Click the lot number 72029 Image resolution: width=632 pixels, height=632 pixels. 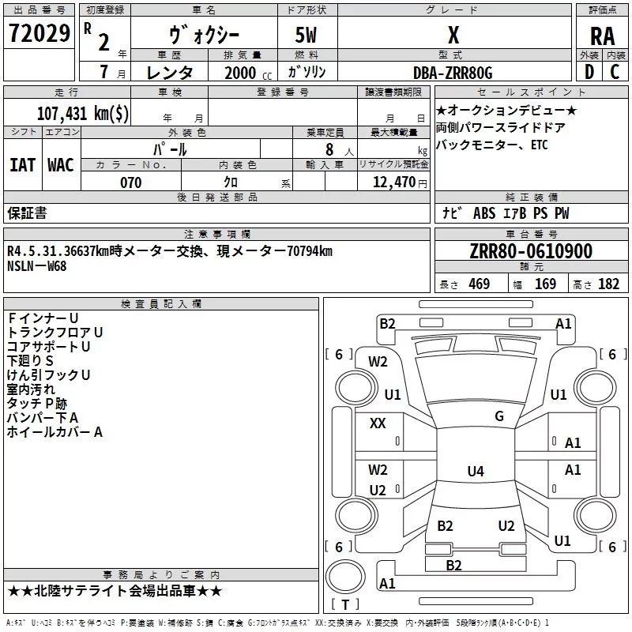[x=39, y=33]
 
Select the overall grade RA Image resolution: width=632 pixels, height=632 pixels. [x=603, y=36]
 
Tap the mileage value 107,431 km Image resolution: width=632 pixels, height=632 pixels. [x=83, y=114]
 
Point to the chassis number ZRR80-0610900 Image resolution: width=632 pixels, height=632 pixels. [x=531, y=251]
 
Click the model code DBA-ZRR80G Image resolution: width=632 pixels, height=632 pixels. [x=453, y=73]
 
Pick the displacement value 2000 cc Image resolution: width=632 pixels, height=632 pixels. [x=248, y=73]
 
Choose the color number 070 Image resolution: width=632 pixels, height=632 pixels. [x=131, y=182]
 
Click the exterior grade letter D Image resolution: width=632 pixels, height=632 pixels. [x=589, y=72]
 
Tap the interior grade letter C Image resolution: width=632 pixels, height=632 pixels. [x=615, y=72]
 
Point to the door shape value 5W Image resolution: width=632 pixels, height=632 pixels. [x=306, y=35]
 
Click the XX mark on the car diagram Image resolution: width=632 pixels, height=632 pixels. [x=378, y=423]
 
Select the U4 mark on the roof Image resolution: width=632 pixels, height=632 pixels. [x=476, y=471]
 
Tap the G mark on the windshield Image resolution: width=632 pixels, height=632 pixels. [x=499, y=416]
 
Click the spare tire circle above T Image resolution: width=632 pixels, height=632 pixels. [x=345, y=577]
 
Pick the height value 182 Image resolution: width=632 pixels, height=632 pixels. [x=608, y=284]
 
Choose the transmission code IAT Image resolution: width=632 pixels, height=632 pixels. [x=23, y=165]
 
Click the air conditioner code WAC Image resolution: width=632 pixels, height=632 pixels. [x=61, y=165]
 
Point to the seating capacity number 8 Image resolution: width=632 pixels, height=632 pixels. [x=329, y=149]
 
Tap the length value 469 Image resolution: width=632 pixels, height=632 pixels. [x=480, y=284]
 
